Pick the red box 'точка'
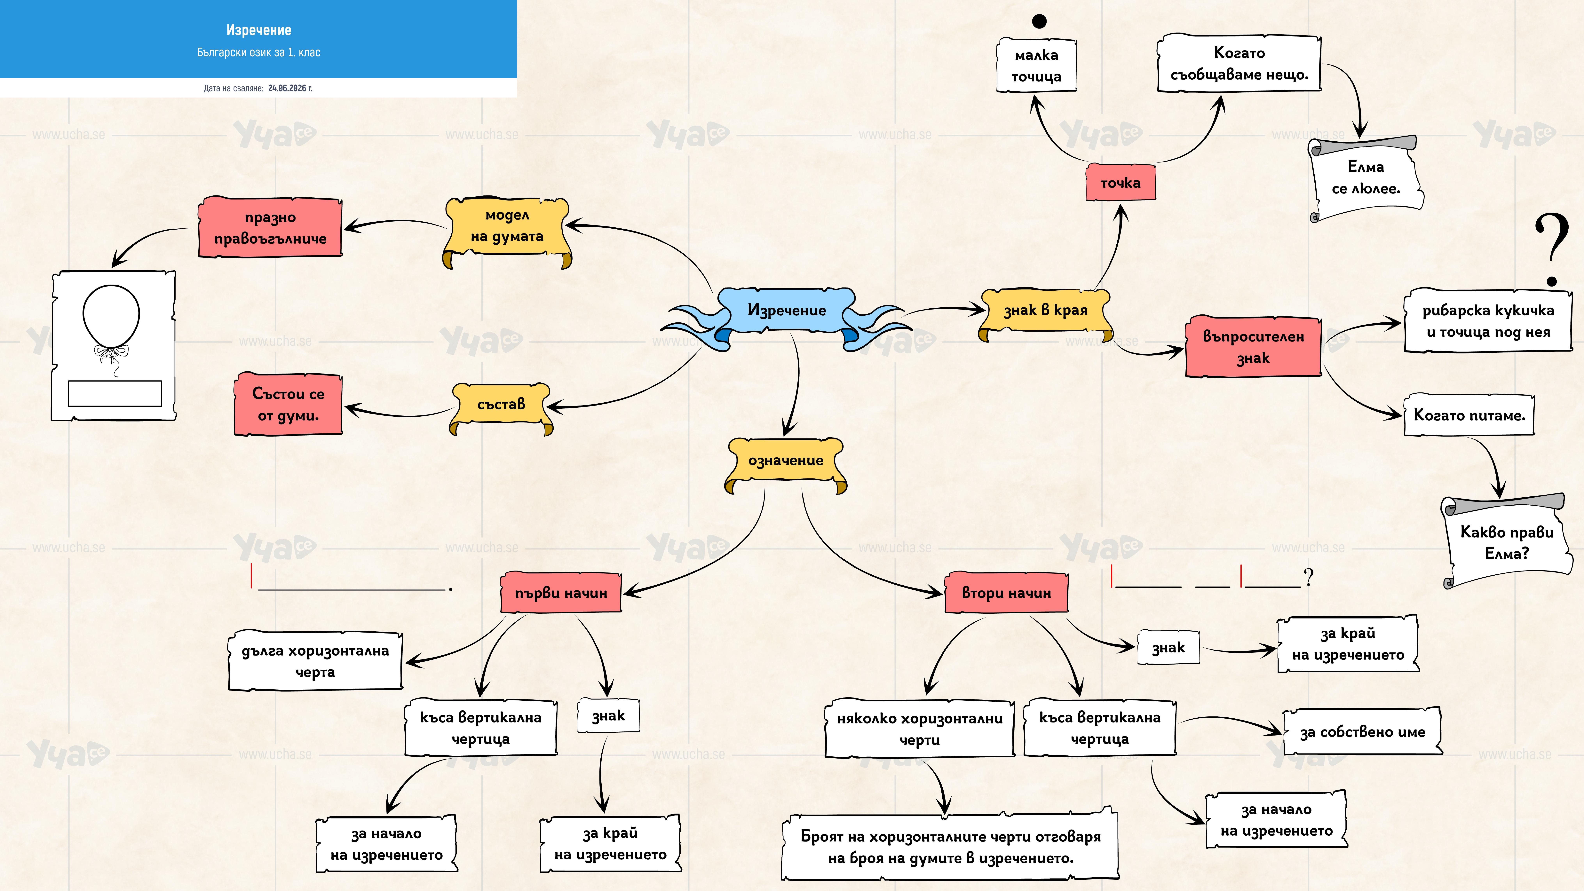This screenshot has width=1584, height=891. (1120, 183)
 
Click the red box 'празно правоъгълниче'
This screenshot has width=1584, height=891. (270, 227)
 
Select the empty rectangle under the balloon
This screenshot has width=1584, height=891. (115, 394)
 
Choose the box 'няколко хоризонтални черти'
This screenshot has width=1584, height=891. (920, 729)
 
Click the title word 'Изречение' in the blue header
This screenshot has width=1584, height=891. (259, 30)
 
